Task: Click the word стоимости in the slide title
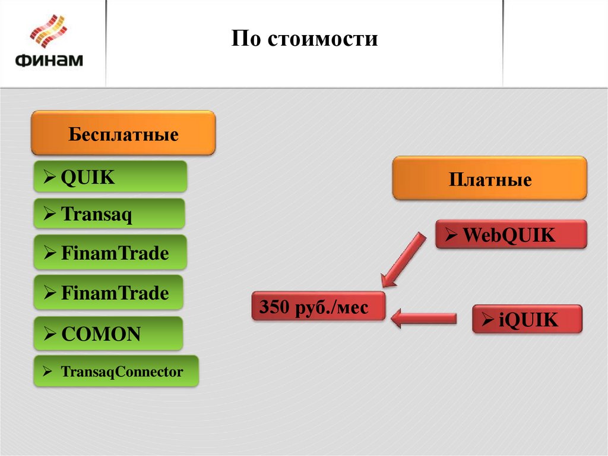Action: point(323,39)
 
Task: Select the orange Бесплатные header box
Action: point(123,133)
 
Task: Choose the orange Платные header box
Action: point(489,178)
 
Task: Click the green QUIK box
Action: point(110,177)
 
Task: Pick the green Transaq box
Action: point(109,213)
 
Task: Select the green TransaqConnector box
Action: point(116,372)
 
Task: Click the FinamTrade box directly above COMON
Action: point(109,293)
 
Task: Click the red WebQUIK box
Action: point(511,234)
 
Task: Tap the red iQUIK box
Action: point(527,319)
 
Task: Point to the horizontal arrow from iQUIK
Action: point(424,318)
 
